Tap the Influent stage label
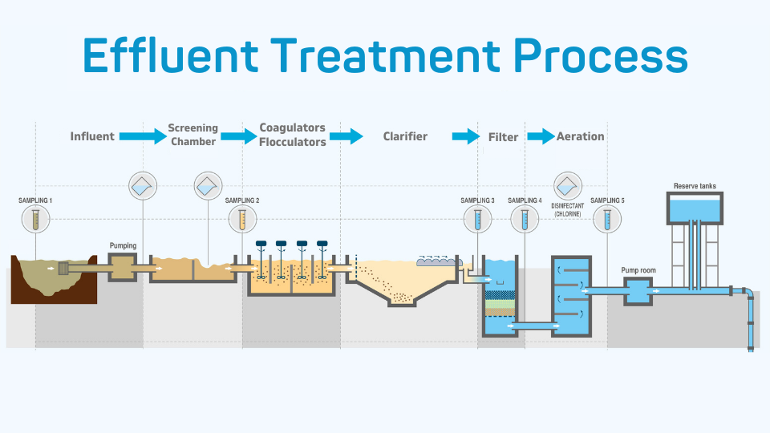92,136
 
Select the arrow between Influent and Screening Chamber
142,136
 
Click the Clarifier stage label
405,136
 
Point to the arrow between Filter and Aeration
541,136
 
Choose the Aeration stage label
580,136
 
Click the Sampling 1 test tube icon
36,217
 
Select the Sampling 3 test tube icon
478,217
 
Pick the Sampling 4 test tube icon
525,217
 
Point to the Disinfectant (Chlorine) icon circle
568,185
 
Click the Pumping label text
123,245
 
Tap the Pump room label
638,270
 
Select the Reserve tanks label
695,186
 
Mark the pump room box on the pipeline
639,291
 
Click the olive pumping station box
124,267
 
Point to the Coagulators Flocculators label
293,135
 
